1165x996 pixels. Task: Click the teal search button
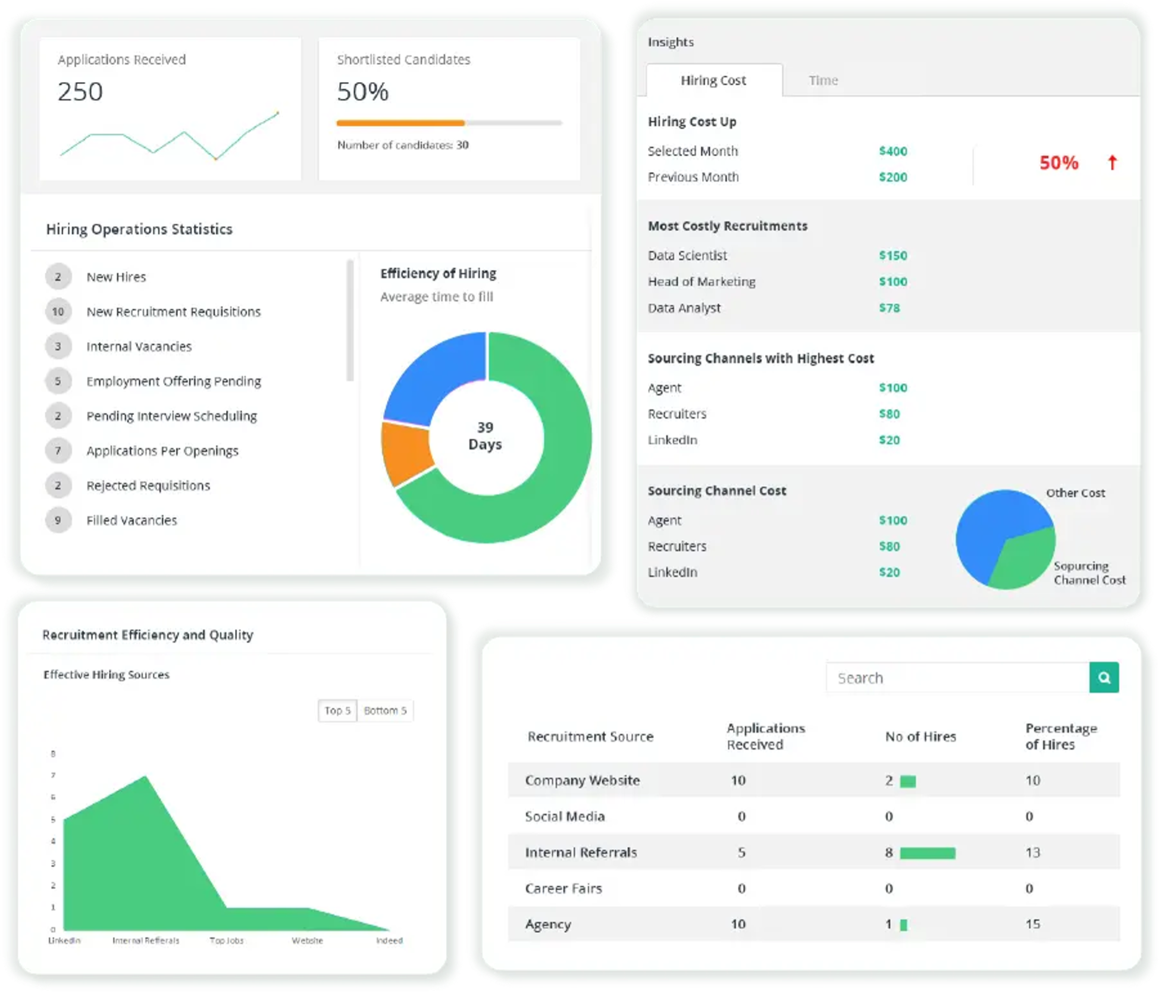1104,678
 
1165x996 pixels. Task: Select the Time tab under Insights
823,80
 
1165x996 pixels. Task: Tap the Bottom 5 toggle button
385,710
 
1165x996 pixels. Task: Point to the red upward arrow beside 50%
1112,162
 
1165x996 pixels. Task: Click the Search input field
957,678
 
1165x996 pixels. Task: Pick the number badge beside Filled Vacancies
58,521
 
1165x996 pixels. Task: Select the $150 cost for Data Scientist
892,256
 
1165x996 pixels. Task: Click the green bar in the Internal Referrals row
927,853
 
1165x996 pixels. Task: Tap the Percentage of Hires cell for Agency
1032,924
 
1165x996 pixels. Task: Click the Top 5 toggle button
337,710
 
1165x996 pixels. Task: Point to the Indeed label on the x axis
389,941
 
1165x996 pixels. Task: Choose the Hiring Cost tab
713,80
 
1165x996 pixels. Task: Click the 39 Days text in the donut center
485,436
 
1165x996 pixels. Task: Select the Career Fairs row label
563,888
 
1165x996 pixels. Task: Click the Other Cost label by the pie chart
1075,493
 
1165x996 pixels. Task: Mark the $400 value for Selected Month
892,151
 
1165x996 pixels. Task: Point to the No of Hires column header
920,737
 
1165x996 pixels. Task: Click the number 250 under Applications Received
80,92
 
